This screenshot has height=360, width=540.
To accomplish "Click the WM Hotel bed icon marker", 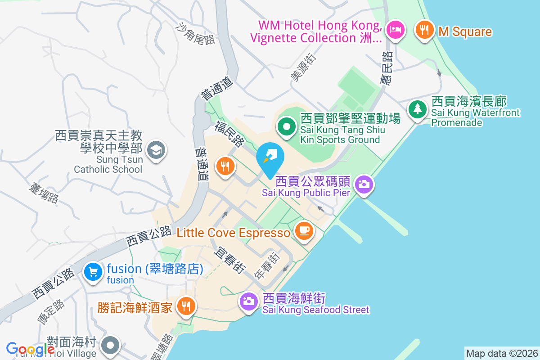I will pos(396,30).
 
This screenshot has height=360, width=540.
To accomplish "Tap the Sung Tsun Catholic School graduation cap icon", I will pos(156,149).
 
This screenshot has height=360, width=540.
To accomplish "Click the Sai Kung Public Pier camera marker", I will pos(364,184).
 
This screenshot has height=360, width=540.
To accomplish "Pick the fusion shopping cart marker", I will pos(93,272).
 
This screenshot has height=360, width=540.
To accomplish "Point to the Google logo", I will pos(31,349).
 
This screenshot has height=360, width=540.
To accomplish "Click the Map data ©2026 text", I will pos(502,353).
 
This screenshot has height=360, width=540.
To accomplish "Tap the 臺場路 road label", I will pos(44,193).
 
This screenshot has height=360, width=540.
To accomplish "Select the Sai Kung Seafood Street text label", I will pos(315,310).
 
